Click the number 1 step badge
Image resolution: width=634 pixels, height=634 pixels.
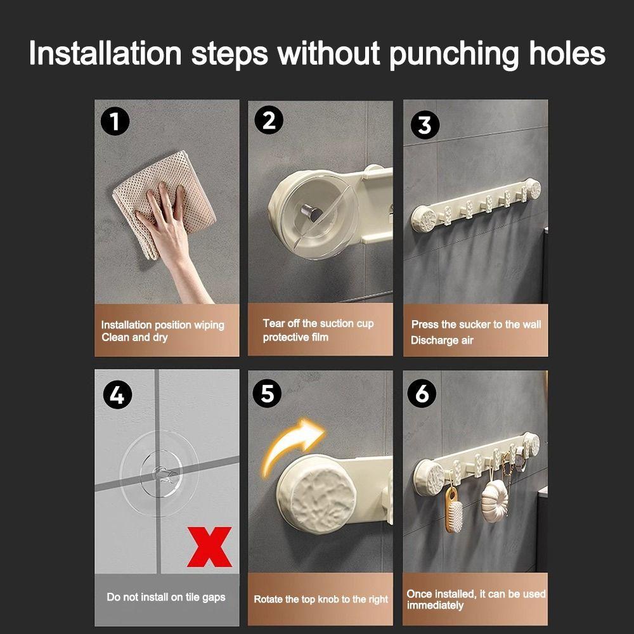[115, 120]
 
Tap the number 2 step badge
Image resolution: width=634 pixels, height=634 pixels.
[269, 120]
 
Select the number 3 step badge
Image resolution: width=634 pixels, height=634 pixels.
[425, 125]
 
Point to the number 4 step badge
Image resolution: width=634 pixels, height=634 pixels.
[117, 394]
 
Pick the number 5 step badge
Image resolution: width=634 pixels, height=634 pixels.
[268, 394]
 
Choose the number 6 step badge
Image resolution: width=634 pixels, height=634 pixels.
[422, 393]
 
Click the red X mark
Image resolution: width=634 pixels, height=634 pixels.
[209, 547]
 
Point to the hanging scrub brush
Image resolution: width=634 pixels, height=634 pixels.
[453, 508]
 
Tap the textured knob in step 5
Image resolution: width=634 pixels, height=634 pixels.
[318, 493]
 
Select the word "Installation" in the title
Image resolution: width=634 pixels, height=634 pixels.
[105, 53]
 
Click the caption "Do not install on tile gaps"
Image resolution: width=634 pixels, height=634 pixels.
[165, 597]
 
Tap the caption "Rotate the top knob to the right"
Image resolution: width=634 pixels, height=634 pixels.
[321, 599]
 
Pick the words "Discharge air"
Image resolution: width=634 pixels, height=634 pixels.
[442, 340]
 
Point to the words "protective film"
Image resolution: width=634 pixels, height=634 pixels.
[295, 337]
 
